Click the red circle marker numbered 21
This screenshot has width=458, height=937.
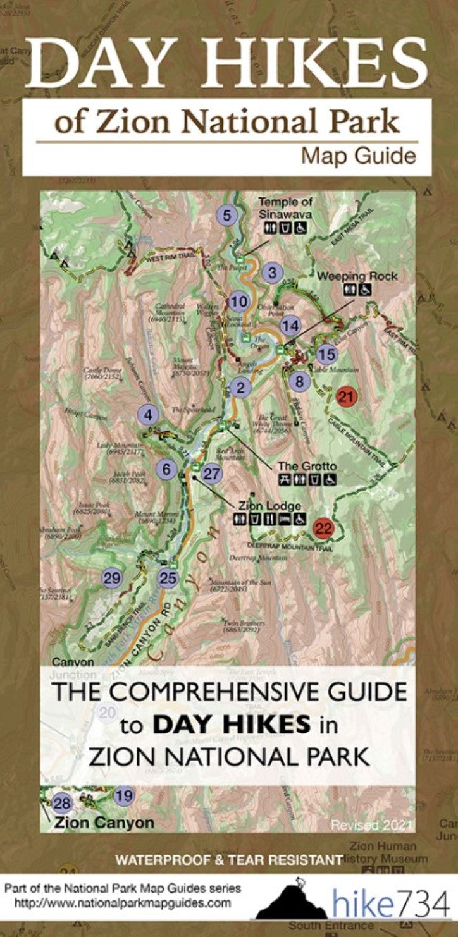tap(346, 397)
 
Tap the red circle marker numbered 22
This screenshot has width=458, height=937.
tap(324, 529)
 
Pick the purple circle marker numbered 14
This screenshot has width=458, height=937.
tap(290, 326)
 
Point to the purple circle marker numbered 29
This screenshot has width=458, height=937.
tap(112, 577)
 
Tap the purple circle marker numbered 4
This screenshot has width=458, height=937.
tap(148, 415)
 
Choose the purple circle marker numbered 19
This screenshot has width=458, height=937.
tap(125, 795)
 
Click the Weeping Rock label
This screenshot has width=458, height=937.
tap(357, 276)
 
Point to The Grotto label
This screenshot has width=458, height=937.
tap(307, 466)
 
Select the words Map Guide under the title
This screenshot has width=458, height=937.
tap(358, 156)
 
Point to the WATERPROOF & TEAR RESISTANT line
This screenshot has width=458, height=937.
tap(228, 860)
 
